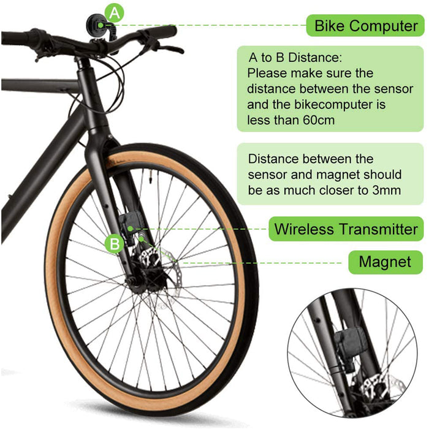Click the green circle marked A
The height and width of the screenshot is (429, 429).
pos(115,13)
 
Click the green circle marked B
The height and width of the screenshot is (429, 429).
pos(115,243)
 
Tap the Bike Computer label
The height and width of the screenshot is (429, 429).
pos(365,26)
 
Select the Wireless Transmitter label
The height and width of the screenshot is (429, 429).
pos(346,229)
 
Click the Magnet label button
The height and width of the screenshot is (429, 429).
pos(385,262)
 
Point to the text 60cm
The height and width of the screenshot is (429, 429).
pos(319,120)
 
